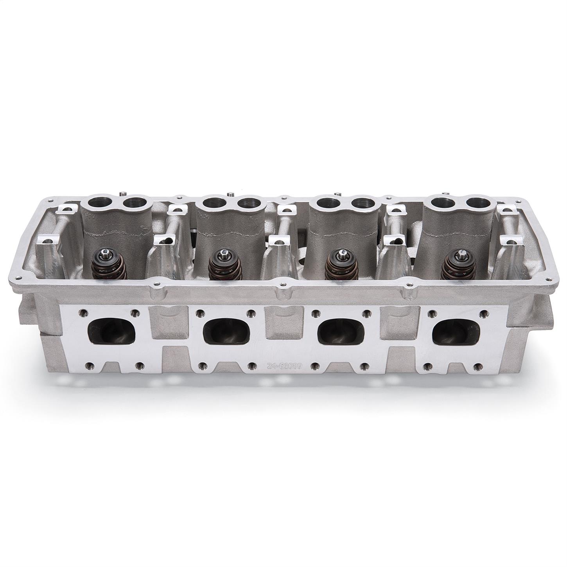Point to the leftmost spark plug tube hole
tap(96, 203)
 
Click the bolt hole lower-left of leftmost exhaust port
tap(89, 366)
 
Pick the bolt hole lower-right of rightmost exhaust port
tap(477, 366)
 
